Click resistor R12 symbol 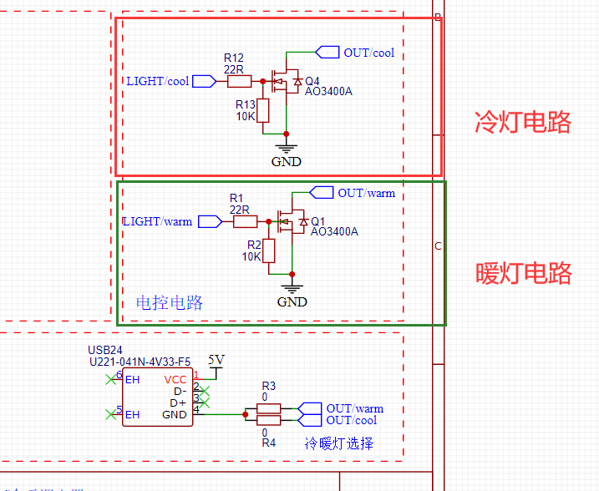pos(239,81)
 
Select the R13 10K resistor pos(263,110)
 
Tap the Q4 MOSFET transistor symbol pos(287,81)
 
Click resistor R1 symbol pos(245,221)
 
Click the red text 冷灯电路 pos(523,122)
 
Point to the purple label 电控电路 pos(170,302)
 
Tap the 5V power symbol pos(216,361)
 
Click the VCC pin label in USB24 pos(175,379)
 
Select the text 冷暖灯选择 pos(338,443)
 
